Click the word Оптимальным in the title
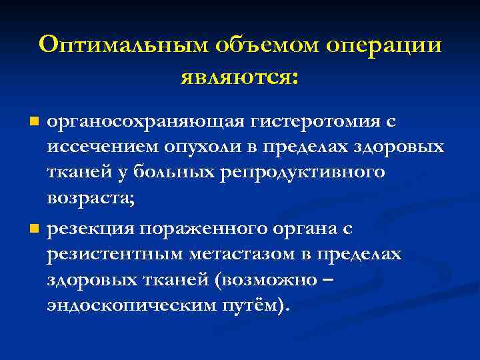[x=123, y=45]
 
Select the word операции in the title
[x=384, y=45]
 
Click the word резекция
[x=91, y=229]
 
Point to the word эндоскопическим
[x=124, y=306]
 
